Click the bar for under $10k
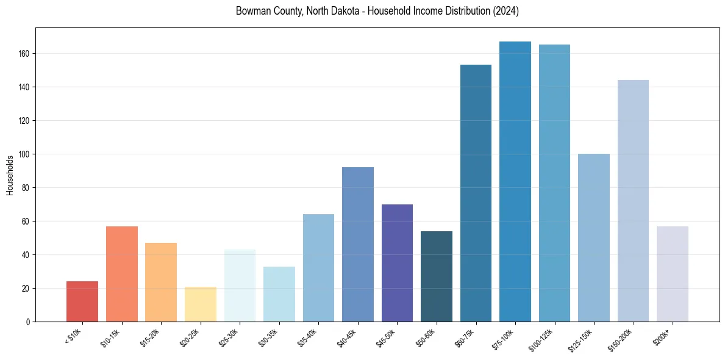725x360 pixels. pos(82,301)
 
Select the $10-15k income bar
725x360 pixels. pos(122,274)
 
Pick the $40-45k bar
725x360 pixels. pos(357,244)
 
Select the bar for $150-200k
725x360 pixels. pos(633,201)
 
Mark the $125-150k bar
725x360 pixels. pos(593,237)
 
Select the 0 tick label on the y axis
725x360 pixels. pos(27,322)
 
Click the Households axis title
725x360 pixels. pos(10,175)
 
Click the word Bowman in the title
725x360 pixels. pos(251,12)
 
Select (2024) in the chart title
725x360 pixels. pos(506,12)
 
